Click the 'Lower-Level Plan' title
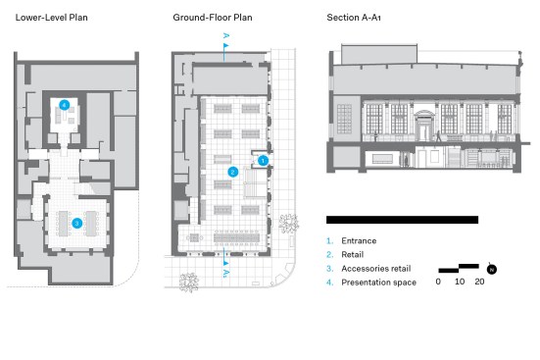point(51,18)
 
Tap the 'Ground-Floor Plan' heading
point(213,18)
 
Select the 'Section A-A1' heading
point(354,18)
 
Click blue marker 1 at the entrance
point(263,160)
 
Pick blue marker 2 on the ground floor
point(233,172)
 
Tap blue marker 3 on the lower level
point(76,223)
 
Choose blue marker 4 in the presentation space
point(65,105)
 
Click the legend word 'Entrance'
point(359,240)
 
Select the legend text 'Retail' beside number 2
point(352,254)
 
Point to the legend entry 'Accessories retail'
point(376,268)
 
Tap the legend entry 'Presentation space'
point(379,283)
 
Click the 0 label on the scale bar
point(438,282)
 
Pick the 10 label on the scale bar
point(460,282)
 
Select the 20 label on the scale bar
point(479,282)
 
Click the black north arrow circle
point(492,270)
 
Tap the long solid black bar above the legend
point(402,220)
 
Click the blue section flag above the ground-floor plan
point(226,45)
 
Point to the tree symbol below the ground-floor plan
point(189,283)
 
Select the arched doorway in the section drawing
point(424,126)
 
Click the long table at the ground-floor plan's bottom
point(236,237)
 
